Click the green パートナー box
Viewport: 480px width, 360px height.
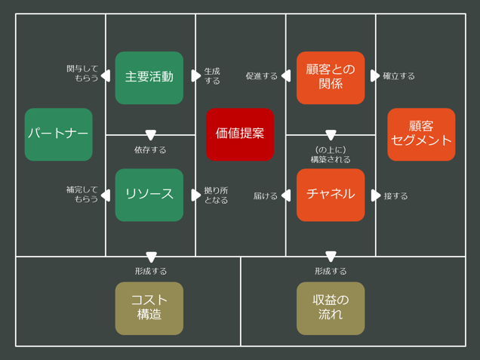click(58, 134)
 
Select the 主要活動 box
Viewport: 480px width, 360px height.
click(149, 77)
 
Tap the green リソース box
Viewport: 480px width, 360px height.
click(149, 195)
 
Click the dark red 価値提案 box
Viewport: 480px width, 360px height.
click(240, 134)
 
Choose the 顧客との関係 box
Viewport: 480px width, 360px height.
click(331, 77)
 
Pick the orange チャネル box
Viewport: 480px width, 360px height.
click(331, 195)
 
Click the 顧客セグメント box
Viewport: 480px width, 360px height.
click(421, 134)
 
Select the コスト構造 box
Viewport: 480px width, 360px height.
click(149, 308)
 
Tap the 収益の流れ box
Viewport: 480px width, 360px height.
click(331, 308)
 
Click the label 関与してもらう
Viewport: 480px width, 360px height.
click(82, 73)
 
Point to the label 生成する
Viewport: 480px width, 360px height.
click(212, 75)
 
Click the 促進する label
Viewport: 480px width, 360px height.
click(261, 76)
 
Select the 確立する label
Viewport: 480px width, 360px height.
click(398, 76)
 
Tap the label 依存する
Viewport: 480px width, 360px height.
click(150, 150)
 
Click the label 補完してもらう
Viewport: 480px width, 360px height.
click(82, 195)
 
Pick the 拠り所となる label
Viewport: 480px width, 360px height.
click(216, 195)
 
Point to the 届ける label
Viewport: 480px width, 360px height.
click(266, 196)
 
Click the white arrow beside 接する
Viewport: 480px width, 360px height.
click(376, 195)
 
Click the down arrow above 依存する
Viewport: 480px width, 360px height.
click(150, 135)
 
